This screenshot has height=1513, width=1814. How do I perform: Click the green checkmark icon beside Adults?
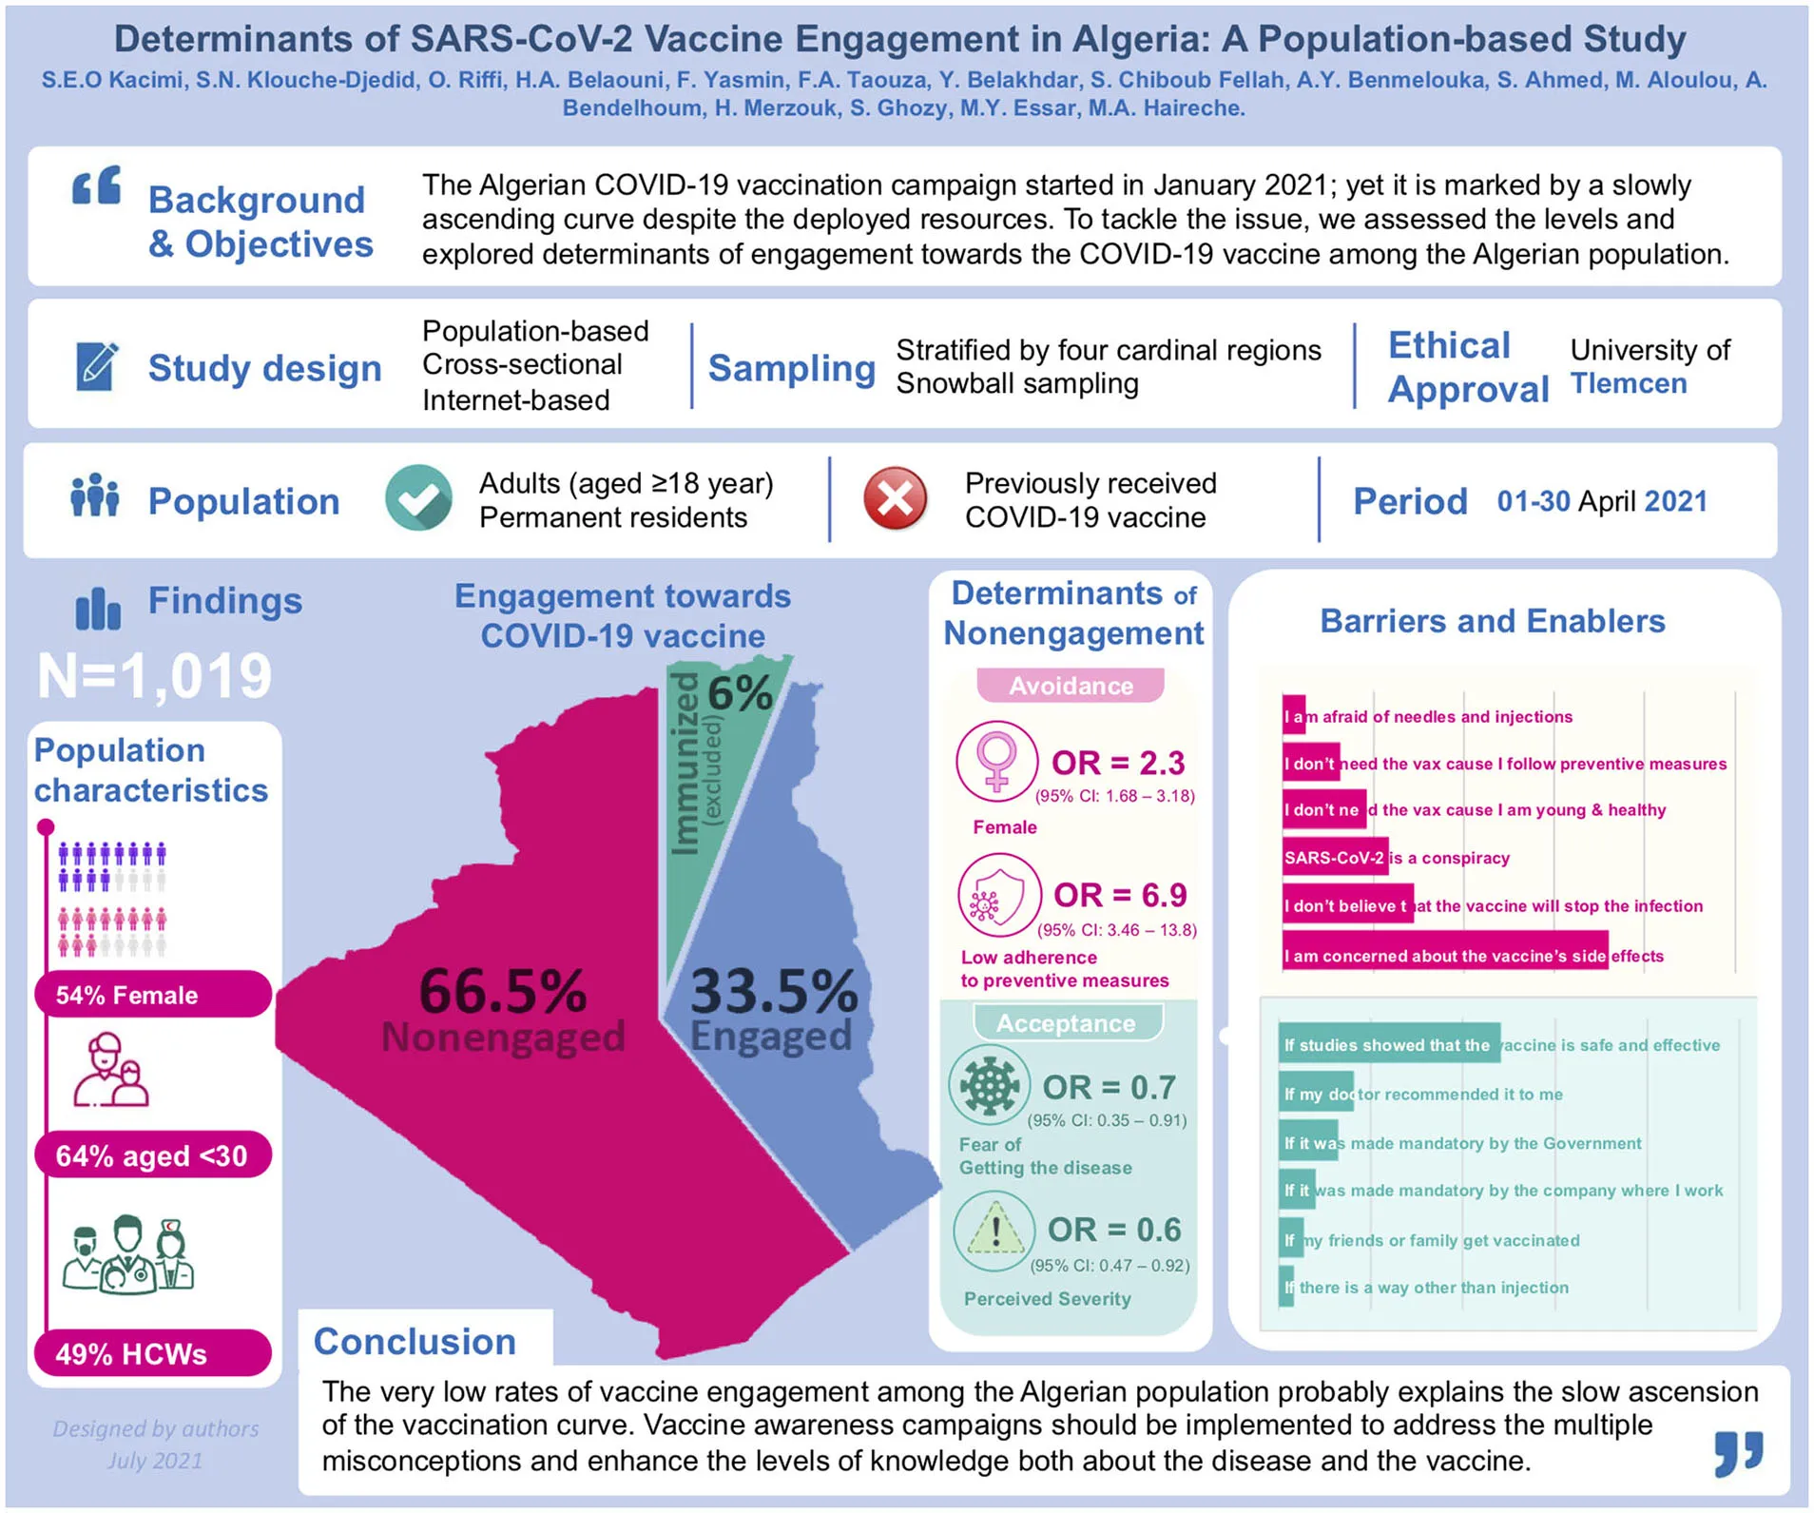pyautogui.click(x=418, y=498)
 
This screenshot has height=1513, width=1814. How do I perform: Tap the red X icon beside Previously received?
pyautogui.click(x=895, y=498)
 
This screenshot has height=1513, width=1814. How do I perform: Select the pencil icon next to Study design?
pyautogui.click(x=96, y=366)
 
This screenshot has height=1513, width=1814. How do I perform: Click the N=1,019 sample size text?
pyautogui.click(x=155, y=676)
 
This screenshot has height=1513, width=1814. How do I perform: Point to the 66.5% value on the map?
pyautogui.click(x=503, y=991)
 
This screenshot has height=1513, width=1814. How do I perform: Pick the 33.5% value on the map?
pyautogui.click(x=774, y=991)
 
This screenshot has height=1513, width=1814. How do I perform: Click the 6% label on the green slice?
pyautogui.click(x=740, y=693)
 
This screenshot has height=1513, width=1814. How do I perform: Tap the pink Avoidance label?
pyautogui.click(x=1071, y=686)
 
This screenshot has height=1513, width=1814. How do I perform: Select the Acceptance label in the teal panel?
pyautogui.click(x=1066, y=1023)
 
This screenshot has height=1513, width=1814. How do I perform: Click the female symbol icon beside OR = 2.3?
pyautogui.click(x=996, y=761)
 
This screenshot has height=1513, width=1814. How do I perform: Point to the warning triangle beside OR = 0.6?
pyautogui.click(x=994, y=1232)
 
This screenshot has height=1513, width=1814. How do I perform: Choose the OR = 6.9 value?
pyautogui.click(x=1120, y=895)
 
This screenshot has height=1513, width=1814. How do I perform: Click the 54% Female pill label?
pyautogui.click(x=153, y=995)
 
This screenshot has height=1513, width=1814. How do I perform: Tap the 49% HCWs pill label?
pyautogui.click(x=153, y=1353)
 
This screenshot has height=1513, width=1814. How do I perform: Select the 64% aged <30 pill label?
pyautogui.click(x=153, y=1155)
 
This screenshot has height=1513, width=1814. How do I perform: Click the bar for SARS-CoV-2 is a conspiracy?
pyautogui.click(x=1335, y=858)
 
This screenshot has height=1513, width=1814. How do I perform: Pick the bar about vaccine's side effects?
pyautogui.click(x=1444, y=956)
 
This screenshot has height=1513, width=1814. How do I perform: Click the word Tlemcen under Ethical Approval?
pyautogui.click(x=1629, y=383)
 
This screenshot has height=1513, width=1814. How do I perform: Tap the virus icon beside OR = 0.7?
pyautogui.click(x=990, y=1086)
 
